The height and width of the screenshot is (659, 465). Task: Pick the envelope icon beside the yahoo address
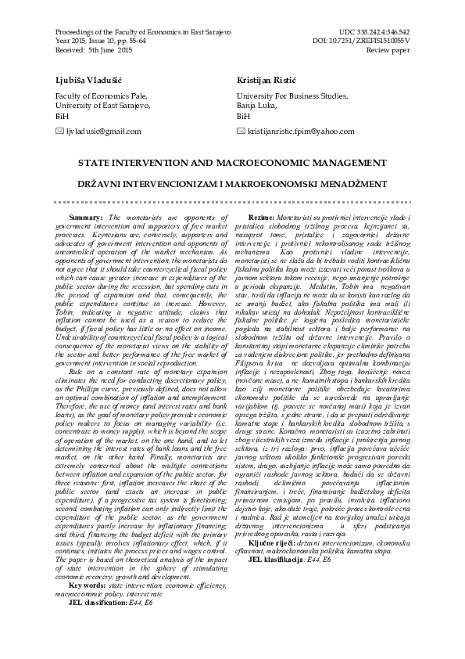click(241, 131)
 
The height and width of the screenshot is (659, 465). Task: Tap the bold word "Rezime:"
click(261, 217)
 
